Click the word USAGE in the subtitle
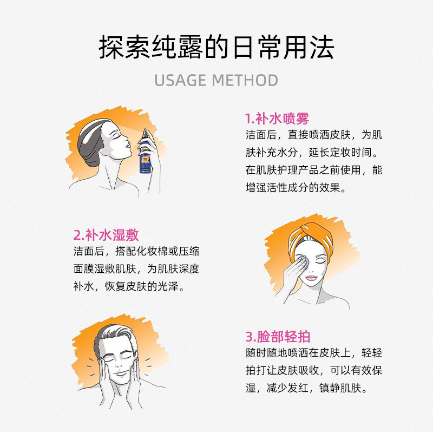[180, 81]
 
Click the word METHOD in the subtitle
[245, 81]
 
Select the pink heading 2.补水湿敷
[106, 235]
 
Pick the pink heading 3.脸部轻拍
[278, 336]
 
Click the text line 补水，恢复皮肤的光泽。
[129, 286]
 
